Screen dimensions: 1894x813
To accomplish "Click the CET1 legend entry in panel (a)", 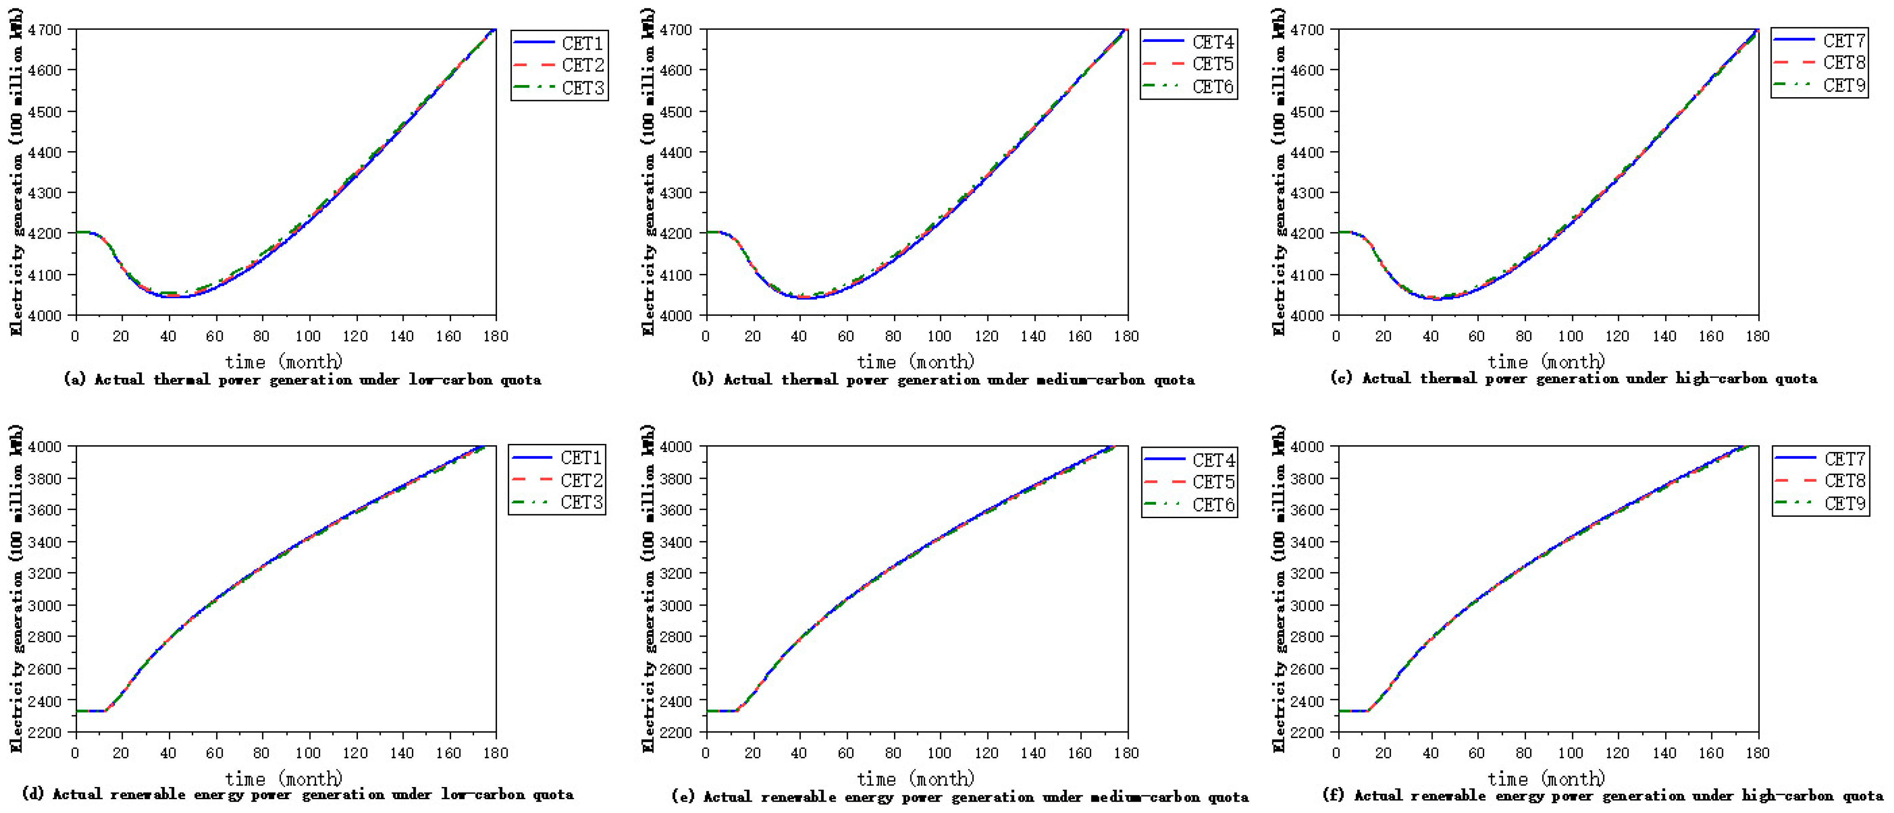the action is coord(559,43).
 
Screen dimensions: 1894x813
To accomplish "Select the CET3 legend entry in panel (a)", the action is coord(559,88).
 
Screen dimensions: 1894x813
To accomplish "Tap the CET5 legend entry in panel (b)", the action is coord(1188,64).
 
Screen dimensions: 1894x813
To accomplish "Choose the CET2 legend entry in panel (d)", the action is coord(557,480).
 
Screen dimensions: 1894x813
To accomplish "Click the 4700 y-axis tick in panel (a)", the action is coord(45,30).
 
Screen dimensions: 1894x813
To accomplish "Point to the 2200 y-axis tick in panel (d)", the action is coord(45,733).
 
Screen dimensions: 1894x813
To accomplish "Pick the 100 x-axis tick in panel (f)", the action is coord(1570,753).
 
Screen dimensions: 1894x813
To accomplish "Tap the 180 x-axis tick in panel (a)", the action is coord(495,336).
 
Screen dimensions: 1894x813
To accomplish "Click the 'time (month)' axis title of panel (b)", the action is coord(915,361).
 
